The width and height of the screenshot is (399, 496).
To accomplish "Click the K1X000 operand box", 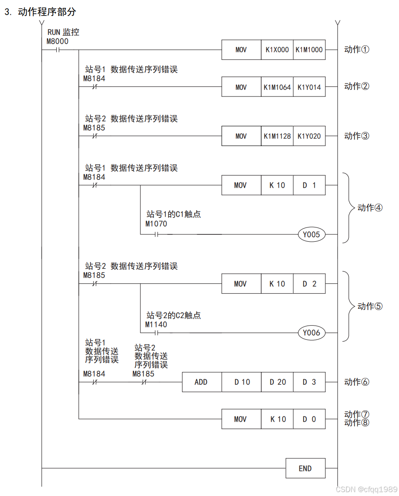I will click(x=277, y=50).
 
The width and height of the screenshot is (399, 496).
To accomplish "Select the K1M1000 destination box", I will click(x=309, y=50).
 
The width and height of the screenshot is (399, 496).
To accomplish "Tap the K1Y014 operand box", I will click(x=309, y=87).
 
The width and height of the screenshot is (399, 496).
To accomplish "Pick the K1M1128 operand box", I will click(x=277, y=136).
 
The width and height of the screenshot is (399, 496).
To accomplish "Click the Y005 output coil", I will click(x=311, y=235).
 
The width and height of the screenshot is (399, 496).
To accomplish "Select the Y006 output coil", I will click(x=311, y=333).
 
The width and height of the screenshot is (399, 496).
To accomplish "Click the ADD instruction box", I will click(x=201, y=382).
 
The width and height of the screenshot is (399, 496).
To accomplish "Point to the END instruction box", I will click(x=305, y=468).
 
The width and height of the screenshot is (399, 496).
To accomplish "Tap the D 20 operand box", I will click(x=277, y=382).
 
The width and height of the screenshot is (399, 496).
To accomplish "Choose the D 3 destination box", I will click(x=309, y=382).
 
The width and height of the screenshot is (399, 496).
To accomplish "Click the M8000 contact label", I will click(x=57, y=41).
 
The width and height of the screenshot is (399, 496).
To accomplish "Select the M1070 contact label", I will click(x=156, y=224).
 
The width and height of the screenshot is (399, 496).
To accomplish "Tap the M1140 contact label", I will click(x=156, y=324).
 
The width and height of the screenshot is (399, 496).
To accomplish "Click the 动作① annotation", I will click(x=357, y=49).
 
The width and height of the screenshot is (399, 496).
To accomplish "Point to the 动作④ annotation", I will click(x=370, y=208).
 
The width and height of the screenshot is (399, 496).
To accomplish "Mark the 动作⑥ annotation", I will click(x=357, y=382).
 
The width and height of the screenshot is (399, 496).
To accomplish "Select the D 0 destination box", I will click(x=309, y=419).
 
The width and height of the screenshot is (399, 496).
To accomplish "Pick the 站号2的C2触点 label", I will click(x=174, y=315).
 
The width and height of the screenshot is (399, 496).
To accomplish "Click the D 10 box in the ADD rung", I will click(x=242, y=382).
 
